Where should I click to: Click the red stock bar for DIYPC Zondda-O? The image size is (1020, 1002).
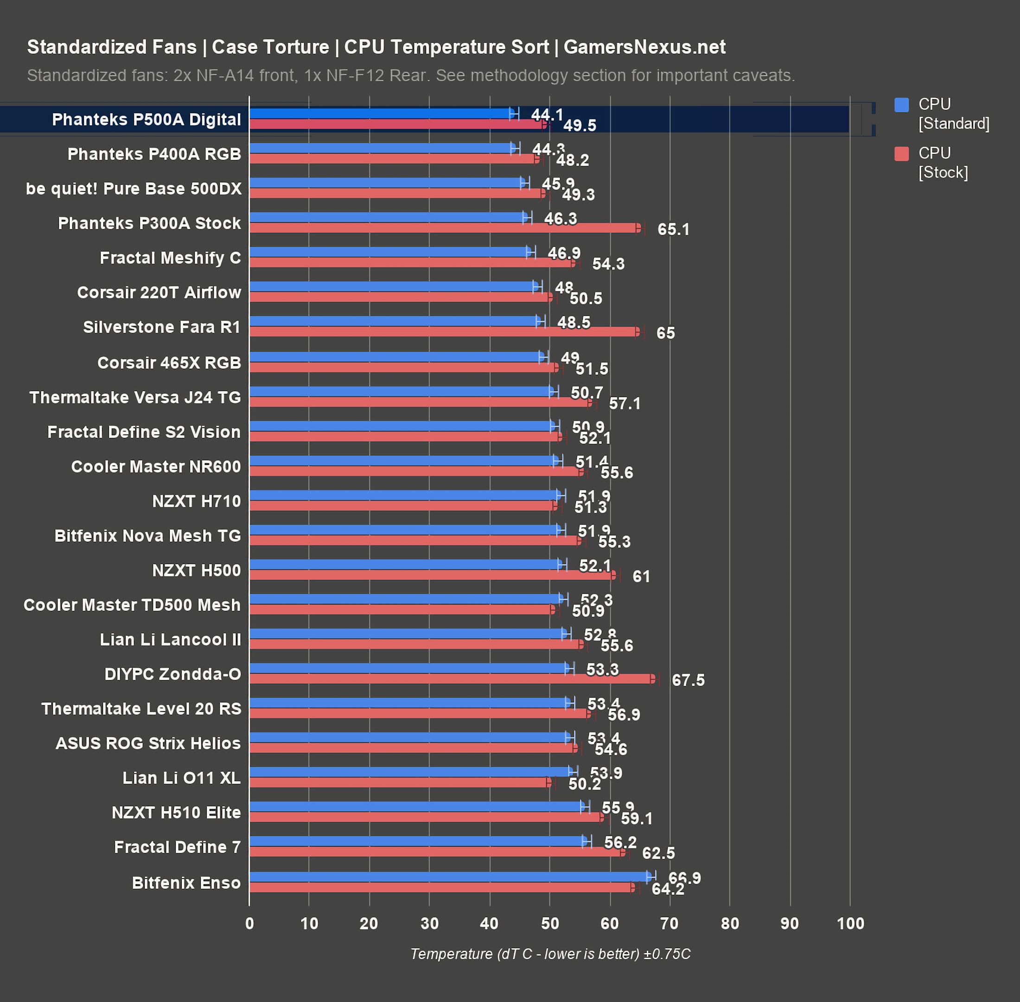[x=453, y=679]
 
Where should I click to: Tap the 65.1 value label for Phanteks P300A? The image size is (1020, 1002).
[x=673, y=230]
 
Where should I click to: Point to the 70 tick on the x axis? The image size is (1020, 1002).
[x=669, y=923]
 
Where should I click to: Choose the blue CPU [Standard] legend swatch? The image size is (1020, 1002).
[x=902, y=105]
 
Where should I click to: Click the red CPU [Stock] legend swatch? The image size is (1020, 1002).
[x=902, y=154]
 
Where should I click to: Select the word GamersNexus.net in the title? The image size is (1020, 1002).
[x=644, y=47]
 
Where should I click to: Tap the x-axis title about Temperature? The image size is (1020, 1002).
[x=550, y=954]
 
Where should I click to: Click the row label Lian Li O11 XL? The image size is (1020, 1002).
[x=181, y=778]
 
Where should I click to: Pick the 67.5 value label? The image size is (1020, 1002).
[x=688, y=681]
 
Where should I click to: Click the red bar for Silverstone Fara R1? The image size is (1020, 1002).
[x=445, y=332]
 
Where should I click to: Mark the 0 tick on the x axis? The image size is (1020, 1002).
[x=249, y=923]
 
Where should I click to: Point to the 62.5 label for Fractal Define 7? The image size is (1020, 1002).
[x=658, y=853]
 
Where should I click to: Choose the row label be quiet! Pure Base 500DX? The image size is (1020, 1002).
[x=134, y=189]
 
